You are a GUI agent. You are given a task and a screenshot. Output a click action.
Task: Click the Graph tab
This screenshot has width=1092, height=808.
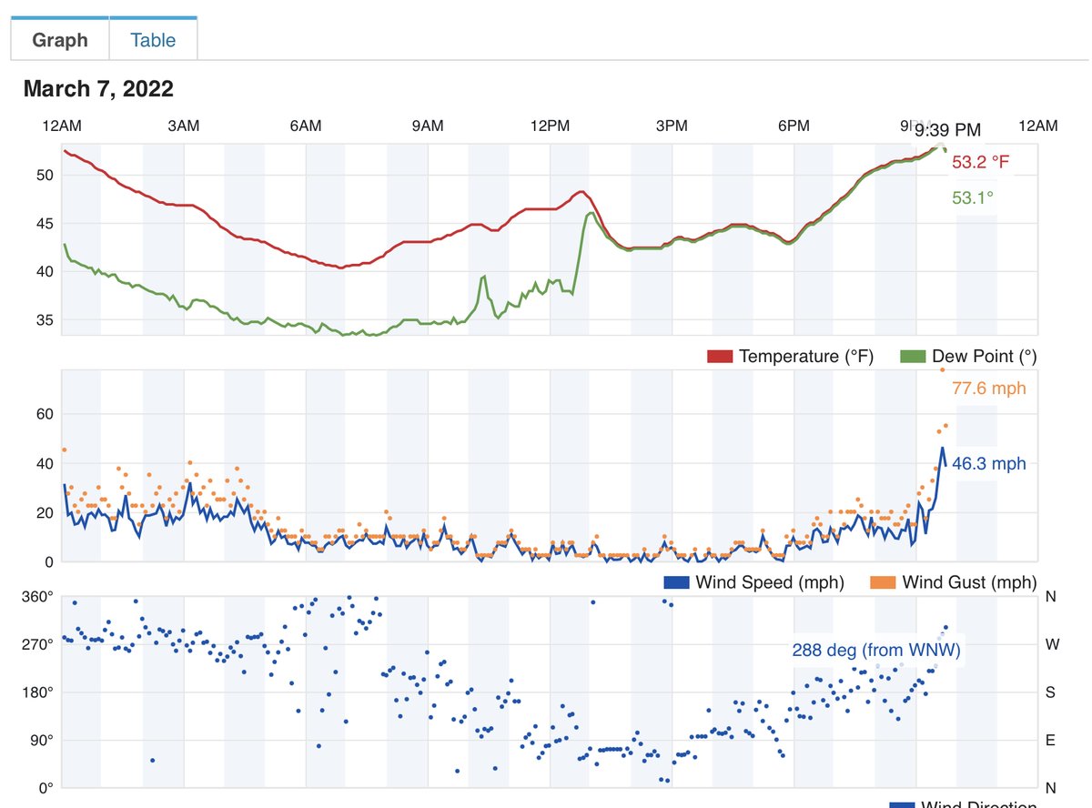coord(60,40)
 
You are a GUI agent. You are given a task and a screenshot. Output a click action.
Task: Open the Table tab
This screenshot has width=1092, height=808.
coord(153,40)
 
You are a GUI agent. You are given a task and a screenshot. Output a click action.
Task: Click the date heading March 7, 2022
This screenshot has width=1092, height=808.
coord(98,89)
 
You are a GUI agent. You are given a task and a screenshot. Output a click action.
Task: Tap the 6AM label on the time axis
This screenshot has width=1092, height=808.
coord(306,126)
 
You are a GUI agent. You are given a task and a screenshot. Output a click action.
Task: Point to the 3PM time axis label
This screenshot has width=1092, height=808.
coord(672,126)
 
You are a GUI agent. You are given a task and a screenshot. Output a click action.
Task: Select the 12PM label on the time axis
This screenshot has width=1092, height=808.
coord(550,126)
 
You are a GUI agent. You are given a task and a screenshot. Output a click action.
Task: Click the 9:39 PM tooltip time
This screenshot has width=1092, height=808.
coord(948,130)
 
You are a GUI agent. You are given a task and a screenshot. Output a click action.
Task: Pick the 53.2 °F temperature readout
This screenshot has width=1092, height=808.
coord(980,163)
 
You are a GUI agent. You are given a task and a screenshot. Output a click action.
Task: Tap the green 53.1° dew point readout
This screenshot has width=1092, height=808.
coord(973,197)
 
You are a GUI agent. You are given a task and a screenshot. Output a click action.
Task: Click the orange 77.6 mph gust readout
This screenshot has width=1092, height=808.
coord(988,389)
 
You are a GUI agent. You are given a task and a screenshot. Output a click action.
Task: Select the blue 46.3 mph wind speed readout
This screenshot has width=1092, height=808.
coord(988,464)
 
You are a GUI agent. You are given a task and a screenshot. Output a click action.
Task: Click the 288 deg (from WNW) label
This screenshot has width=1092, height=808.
coord(876,650)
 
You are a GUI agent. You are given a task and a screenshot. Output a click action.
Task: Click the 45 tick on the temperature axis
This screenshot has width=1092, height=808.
coord(44,224)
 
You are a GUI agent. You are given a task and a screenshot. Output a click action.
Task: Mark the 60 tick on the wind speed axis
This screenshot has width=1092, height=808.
coord(44,415)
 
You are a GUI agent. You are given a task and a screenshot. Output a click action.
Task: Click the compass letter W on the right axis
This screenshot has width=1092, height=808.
coord(1050,645)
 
